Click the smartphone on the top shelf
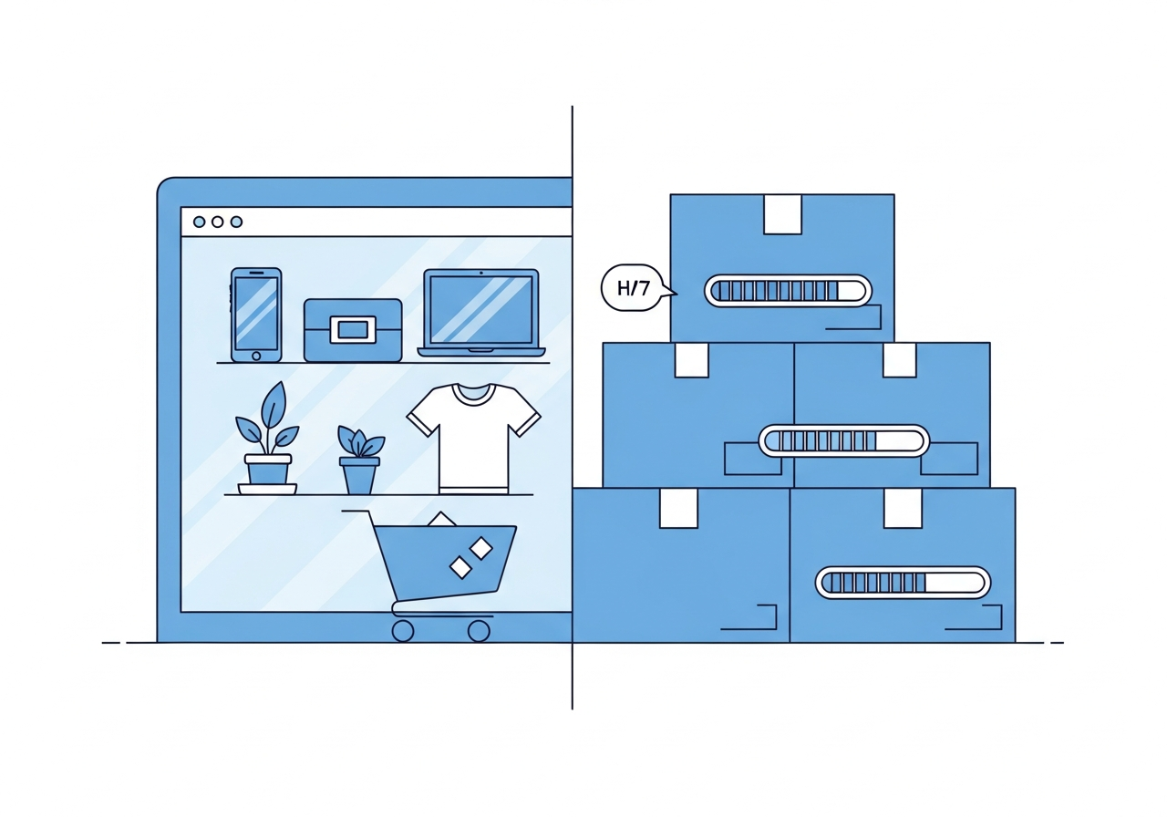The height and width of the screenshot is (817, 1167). click(x=256, y=315)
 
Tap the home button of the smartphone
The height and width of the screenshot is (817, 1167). click(x=256, y=356)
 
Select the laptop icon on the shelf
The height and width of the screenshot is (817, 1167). click(x=480, y=313)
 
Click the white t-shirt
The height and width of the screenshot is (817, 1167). click(x=473, y=439)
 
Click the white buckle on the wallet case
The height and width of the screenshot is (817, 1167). click(x=353, y=329)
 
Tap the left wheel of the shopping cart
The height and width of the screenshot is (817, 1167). click(x=403, y=631)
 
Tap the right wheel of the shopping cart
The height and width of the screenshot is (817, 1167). click(x=479, y=631)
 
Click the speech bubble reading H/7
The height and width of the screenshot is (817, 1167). click(x=635, y=287)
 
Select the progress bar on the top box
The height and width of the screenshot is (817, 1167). click(x=788, y=290)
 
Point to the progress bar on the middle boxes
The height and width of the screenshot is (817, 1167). click(x=843, y=440)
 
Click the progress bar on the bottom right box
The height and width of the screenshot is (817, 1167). click(x=903, y=583)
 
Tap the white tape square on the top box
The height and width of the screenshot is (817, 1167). click(x=782, y=214)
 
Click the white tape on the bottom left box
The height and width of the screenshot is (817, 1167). click(x=678, y=508)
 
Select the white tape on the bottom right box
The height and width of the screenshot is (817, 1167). click(x=903, y=508)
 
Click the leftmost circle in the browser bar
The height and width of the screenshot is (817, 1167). click(x=199, y=222)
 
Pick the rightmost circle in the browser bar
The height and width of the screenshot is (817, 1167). click(x=236, y=222)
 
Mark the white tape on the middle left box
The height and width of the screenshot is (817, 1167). click(x=692, y=360)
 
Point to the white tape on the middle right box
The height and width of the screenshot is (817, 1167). click(x=900, y=360)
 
